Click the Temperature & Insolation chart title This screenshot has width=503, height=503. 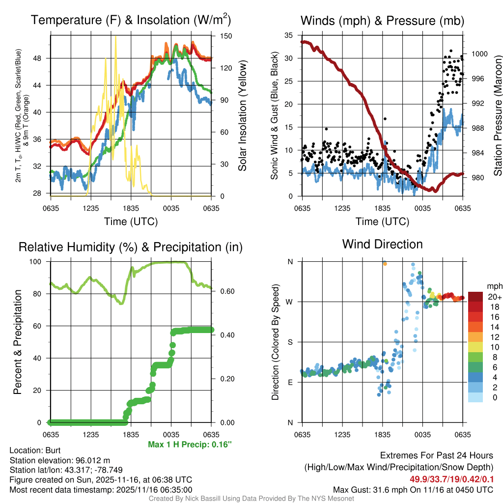[x=131, y=21]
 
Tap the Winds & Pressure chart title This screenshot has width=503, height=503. [x=382, y=21]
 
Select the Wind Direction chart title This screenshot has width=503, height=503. [x=382, y=244]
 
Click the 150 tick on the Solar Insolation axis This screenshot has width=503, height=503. [x=226, y=36]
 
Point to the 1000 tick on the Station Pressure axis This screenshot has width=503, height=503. [x=478, y=54]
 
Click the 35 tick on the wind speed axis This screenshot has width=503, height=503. [x=288, y=35]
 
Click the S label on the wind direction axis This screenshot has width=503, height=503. [x=289, y=342]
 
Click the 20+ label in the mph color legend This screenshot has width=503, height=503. [x=494, y=297]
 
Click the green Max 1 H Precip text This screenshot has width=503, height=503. [x=190, y=445]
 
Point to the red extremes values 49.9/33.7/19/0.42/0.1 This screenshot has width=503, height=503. [x=451, y=479]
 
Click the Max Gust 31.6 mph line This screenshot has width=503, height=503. [x=413, y=490]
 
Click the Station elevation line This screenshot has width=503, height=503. [x=58, y=460]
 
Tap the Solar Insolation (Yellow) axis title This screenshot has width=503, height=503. [x=242, y=115]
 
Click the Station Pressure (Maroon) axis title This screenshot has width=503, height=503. [x=497, y=115]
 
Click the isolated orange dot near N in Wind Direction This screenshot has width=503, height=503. [x=385, y=264]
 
